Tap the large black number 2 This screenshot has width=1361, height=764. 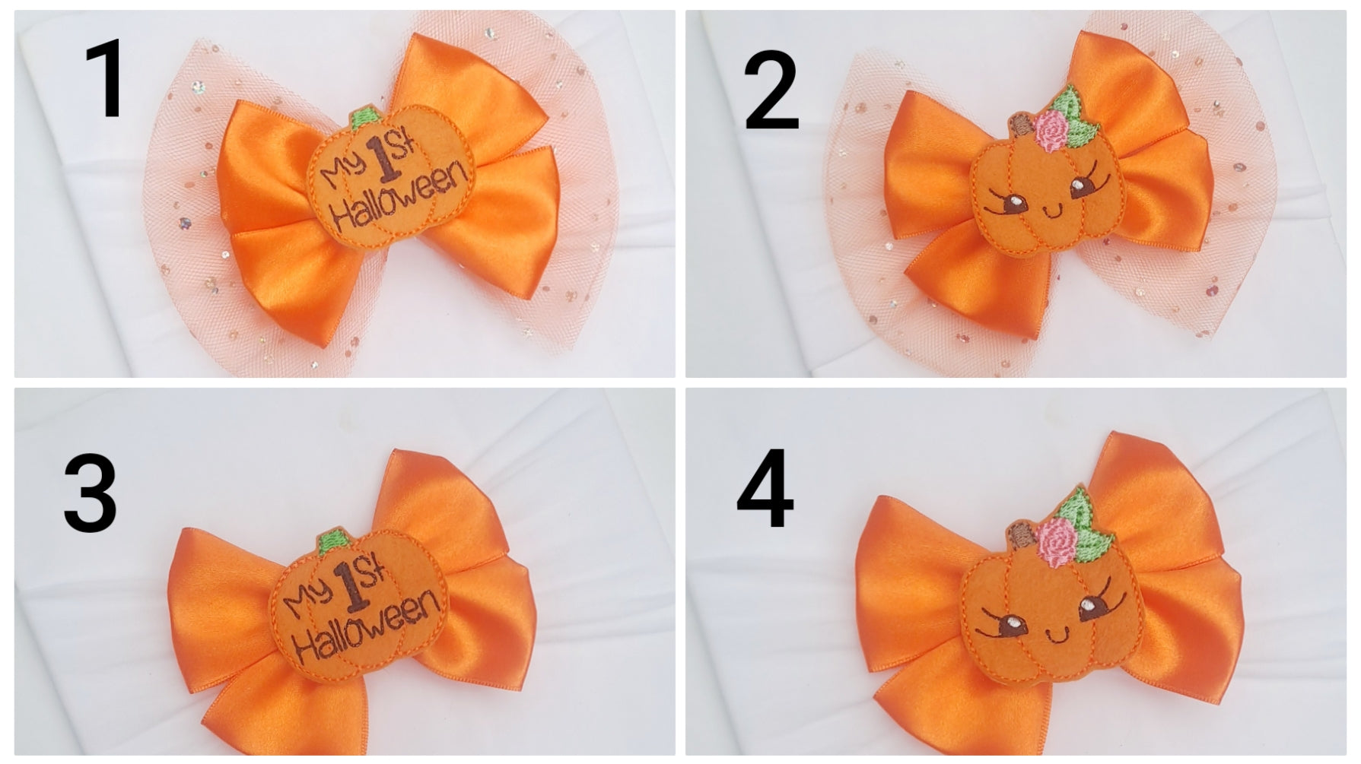[771, 94]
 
